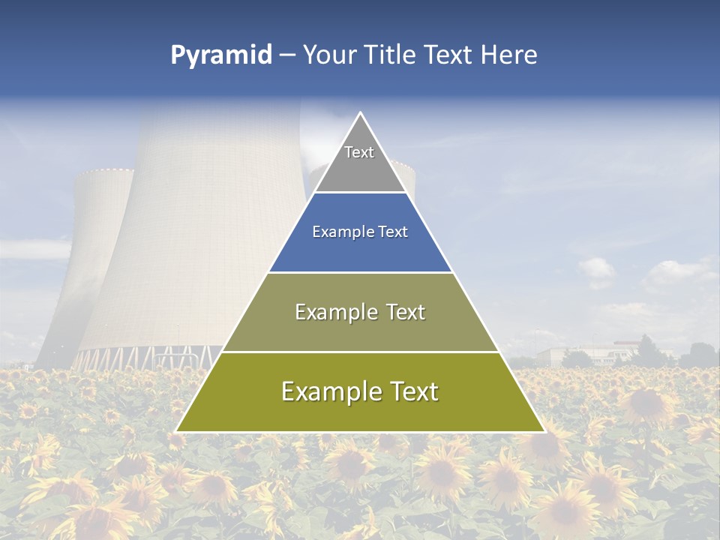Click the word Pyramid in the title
tap(221, 55)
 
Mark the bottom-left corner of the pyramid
tap(178, 431)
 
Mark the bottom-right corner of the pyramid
tap(544, 431)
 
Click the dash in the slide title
tap(286, 55)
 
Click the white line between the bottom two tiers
tap(360, 352)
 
